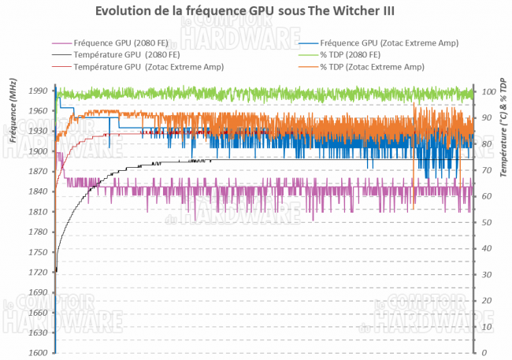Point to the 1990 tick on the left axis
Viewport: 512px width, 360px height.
(x=36, y=91)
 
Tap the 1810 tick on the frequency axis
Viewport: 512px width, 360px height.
(x=36, y=213)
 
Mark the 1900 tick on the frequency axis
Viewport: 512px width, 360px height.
(x=36, y=152)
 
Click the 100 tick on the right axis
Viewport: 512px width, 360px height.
(x=489, y=91)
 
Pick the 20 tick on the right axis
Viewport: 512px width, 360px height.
(x=488, y=301)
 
